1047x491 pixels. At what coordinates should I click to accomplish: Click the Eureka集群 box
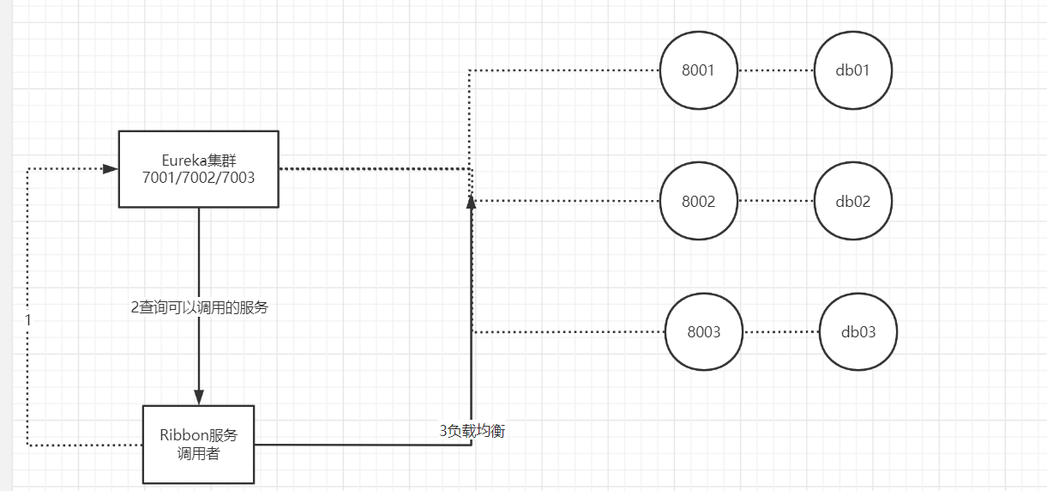tap(198, 169)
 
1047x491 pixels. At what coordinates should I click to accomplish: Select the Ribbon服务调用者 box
tap(198, 444)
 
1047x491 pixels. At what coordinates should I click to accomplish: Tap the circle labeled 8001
tap(698, 70)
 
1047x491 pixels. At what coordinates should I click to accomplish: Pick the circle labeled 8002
tap(698, 202)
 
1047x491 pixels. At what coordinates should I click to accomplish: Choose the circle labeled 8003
tap(704, 332)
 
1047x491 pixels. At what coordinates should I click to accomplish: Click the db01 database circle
tap(852, 70)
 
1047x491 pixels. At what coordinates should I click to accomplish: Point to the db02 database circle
tap(852, 202)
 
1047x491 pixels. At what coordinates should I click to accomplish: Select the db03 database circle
tap(857, 332)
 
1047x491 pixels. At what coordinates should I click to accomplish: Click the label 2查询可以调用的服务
tap(199, 306)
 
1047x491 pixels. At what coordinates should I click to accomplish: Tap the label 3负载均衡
tap(472, 431)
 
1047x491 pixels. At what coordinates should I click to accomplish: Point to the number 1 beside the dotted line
tap(28, 319)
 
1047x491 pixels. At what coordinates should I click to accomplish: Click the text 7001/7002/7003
tap(198, 178)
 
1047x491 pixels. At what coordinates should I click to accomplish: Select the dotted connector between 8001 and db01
tap(775, 70)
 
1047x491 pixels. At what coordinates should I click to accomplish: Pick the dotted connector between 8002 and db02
tap(775, 202)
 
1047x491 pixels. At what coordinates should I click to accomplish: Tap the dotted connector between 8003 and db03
tap(780, 332)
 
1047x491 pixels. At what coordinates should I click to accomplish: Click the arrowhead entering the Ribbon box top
tap(199, 397)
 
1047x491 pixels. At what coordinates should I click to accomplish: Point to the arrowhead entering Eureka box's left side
tap(110, 169)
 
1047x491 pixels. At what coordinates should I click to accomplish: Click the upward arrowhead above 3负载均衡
tap(471, 201)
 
